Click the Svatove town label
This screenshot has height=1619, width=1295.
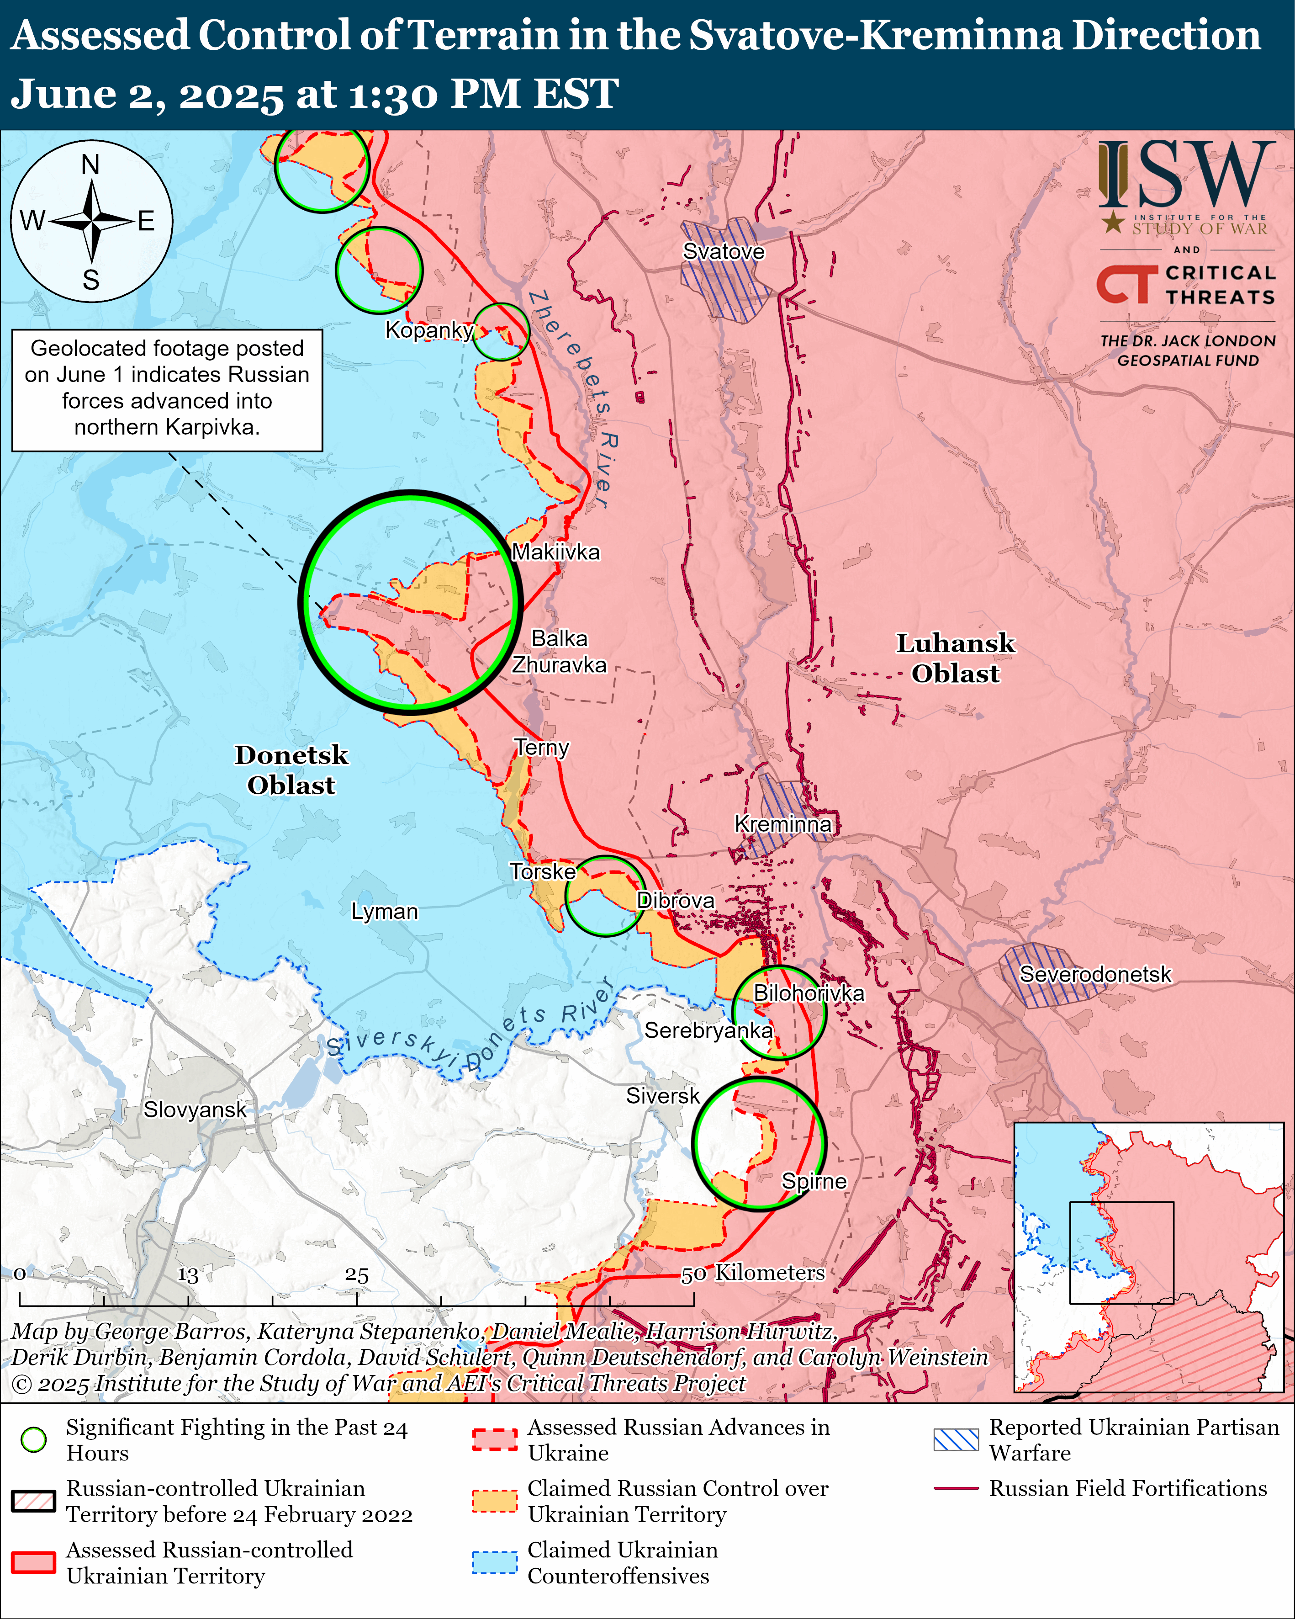tap(723, 252)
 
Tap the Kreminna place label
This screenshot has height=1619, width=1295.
tap(782, 824)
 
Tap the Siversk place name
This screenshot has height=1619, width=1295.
tap(662, 1096)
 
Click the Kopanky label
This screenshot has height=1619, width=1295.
tap(428, 329)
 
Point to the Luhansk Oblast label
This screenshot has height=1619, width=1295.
tap(955, 658)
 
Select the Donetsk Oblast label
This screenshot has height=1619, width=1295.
tap(291, 770)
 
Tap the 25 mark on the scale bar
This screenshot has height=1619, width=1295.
tap(357, 1275)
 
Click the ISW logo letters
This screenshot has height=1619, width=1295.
tap(1186, 176)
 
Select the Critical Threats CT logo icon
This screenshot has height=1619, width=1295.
tap(1126, 284)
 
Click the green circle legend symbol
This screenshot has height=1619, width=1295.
tap(34, 1439)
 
